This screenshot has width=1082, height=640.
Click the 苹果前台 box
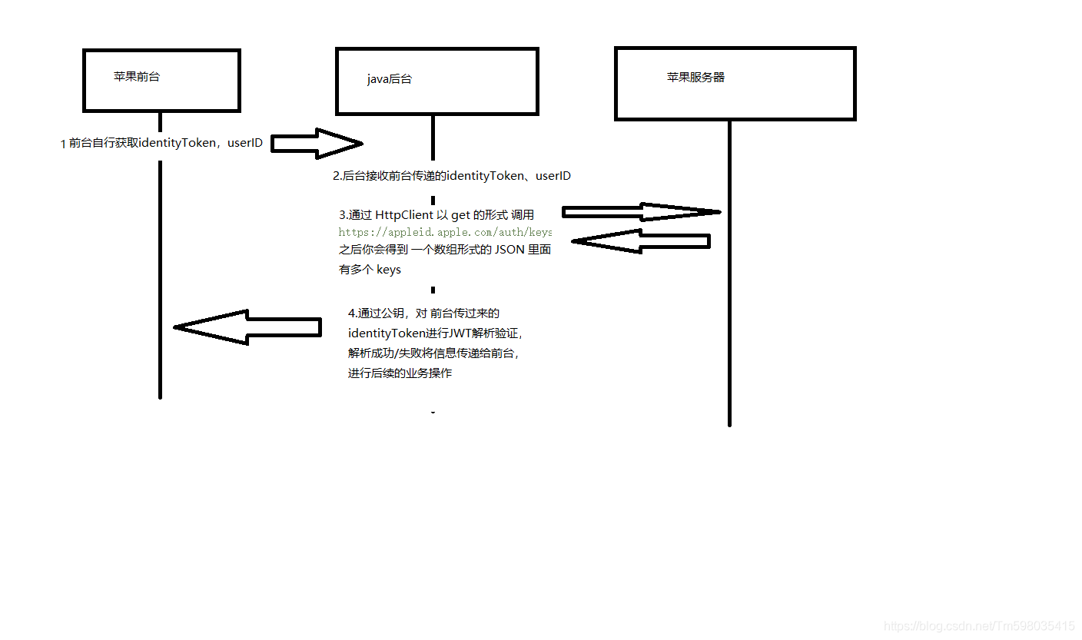[161, 80]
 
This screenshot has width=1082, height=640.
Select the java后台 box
[436, 81]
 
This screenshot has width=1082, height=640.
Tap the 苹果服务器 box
[735, 84]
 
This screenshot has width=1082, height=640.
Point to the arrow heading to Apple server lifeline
[641, 212]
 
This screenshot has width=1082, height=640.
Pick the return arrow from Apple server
[641, 241]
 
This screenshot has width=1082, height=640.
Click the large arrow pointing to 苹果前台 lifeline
[246, 327]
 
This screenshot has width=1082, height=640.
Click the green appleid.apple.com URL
[445, 231]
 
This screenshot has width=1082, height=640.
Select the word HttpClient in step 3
[404, 215]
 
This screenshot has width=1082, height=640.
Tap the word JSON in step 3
[509, 249]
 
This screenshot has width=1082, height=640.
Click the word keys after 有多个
[389, 270]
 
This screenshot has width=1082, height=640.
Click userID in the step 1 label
[245, 143]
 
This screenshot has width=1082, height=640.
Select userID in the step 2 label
[553, 176]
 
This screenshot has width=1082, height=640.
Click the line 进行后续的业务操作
[400, 373]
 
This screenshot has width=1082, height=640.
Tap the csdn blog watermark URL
[979, 626]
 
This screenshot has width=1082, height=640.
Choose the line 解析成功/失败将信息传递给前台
[433, 353]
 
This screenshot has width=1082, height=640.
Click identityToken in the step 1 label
[178, 143]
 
